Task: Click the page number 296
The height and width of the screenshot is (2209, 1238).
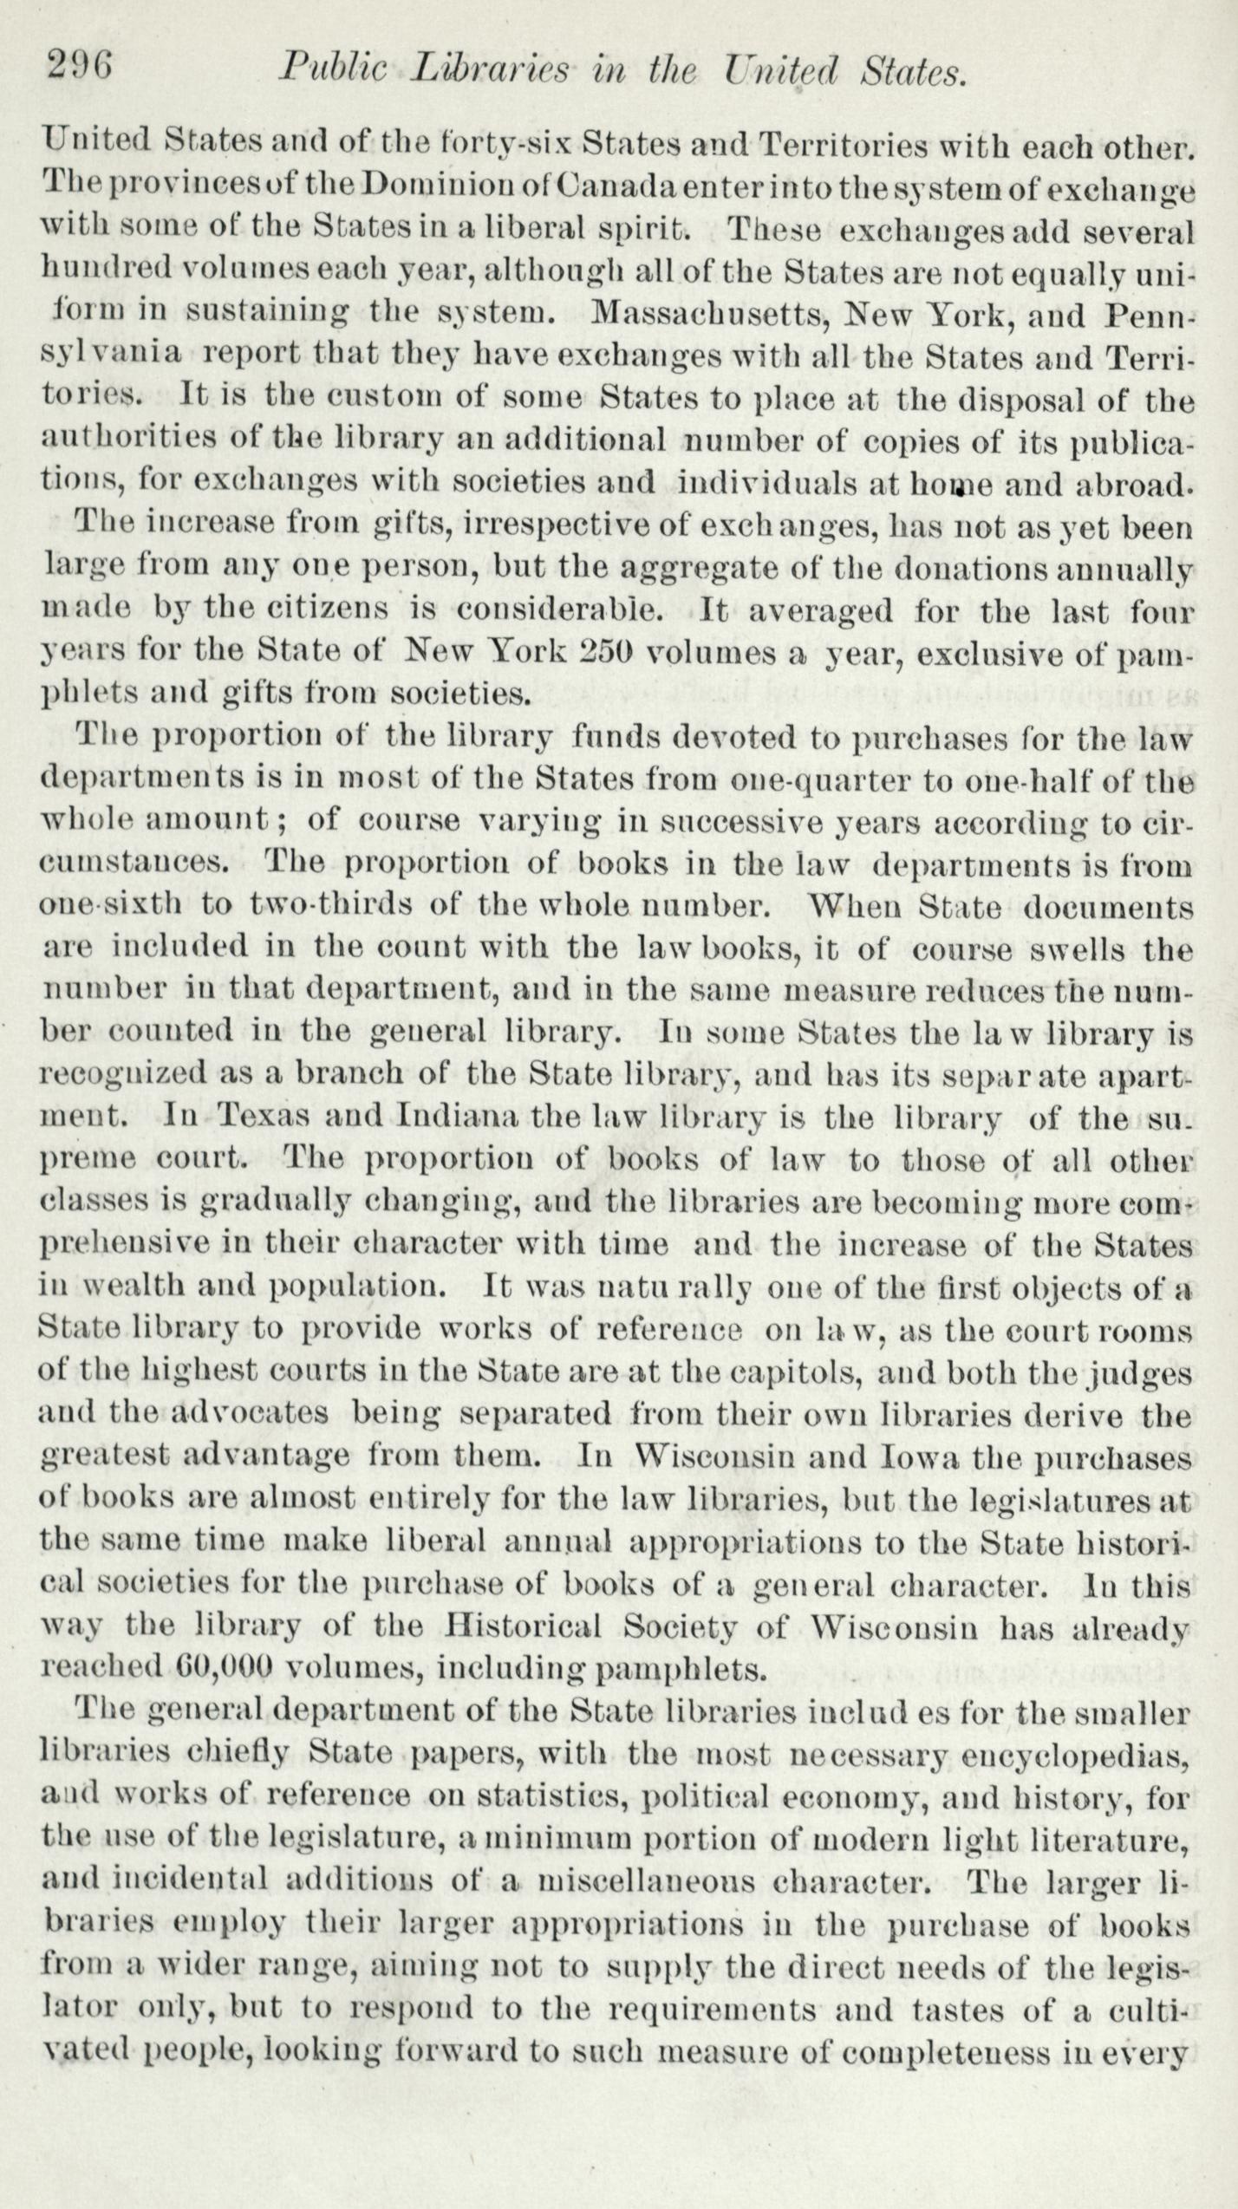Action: coord(79,66)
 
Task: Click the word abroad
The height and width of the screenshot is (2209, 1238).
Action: coord(1133,482)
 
